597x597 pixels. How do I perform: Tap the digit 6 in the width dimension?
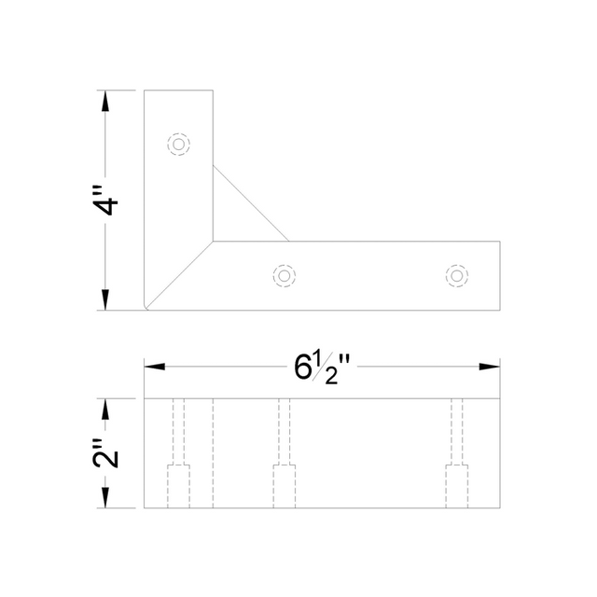click(x=303, y=368)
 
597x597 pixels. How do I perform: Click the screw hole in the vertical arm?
click(x=178, y=145)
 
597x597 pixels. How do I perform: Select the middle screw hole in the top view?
click(x=284, y=275)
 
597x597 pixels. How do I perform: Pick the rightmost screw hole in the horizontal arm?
click(x=456, y=275)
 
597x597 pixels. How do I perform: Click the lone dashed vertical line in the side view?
click(x=213, y=452)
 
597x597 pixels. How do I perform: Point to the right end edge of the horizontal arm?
click(x=500, y=276)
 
